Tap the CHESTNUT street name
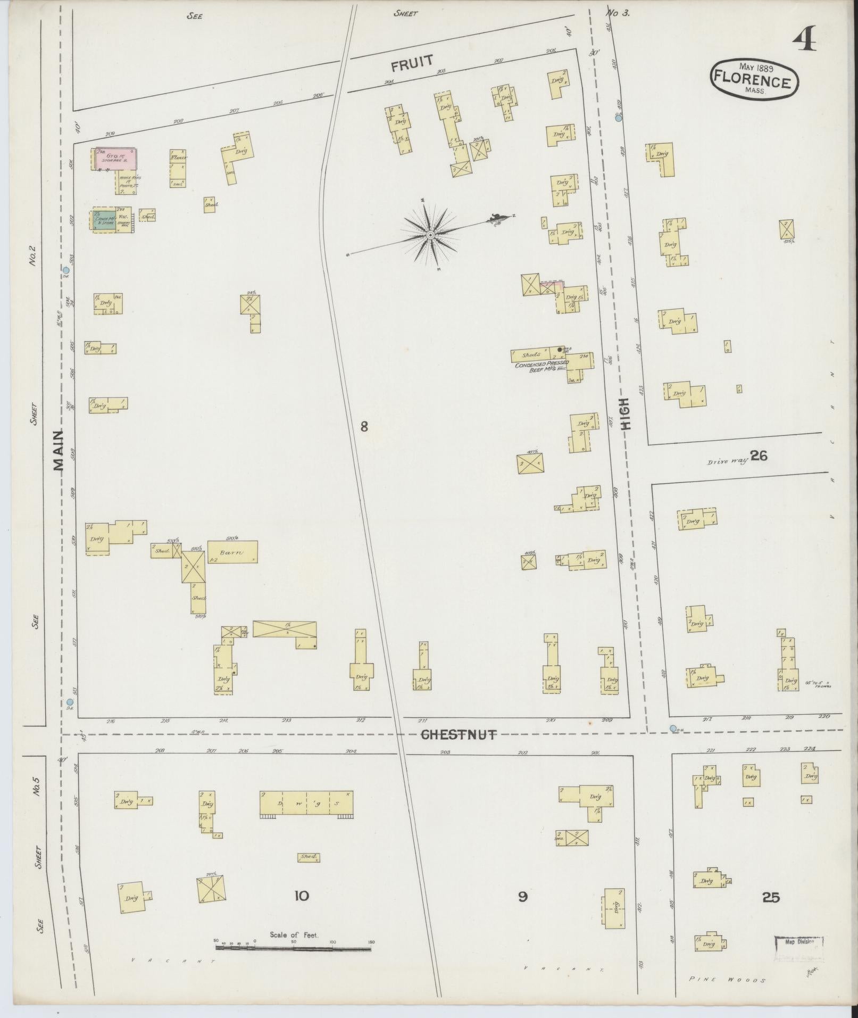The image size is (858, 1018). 459,735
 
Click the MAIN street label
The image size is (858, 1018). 58,450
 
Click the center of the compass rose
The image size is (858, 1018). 430,235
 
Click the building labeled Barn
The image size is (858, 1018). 232,552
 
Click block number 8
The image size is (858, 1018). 364,426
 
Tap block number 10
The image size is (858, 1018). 301,896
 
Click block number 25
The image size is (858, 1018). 770,898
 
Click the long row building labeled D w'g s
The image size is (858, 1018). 306,802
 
